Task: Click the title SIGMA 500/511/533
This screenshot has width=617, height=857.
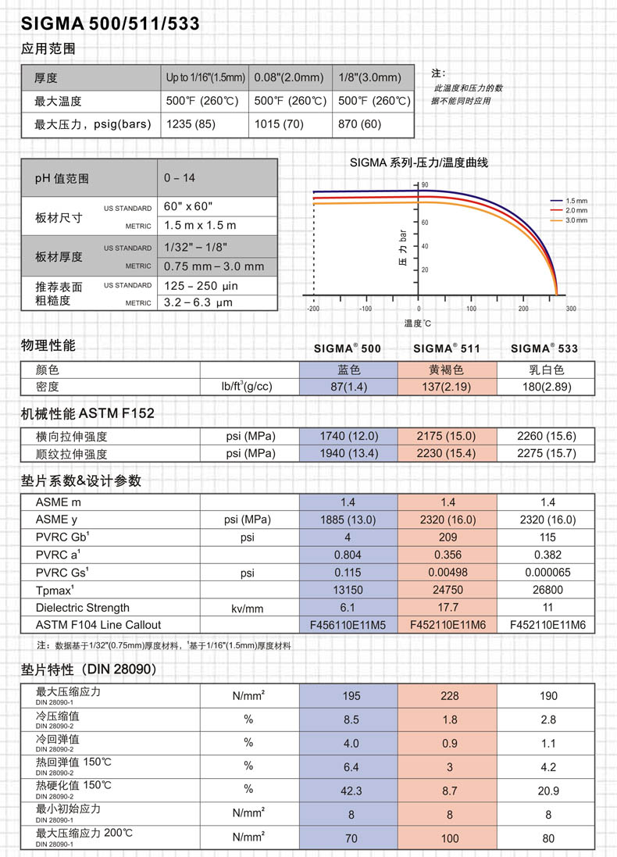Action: (x=110, y=24)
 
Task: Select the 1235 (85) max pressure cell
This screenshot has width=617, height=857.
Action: (x=191, y=124)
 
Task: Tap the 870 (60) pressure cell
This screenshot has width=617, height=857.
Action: (x=360, y=124)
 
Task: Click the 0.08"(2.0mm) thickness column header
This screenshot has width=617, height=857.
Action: (x=289, y=77)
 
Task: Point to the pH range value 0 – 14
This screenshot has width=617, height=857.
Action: (x=180, y=178)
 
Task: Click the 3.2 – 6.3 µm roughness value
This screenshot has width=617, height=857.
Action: (x=198, y=302)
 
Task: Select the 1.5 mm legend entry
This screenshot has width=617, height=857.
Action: (x=576, y=202)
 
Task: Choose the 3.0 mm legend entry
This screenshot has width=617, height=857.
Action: (x=576, y=220)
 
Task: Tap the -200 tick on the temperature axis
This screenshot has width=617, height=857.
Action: (x=314, y=309)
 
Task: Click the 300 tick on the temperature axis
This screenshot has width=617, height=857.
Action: (x=571, y=309)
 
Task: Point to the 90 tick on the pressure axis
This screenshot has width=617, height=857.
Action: (x=426, y=184)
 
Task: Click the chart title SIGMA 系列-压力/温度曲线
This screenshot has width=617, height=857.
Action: (x=419, y=162)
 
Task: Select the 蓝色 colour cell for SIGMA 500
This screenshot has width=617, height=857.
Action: (x=348, y=370)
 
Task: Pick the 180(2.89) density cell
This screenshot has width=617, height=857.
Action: (x=547, y=386)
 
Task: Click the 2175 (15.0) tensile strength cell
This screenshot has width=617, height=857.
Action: (x=448, y=437)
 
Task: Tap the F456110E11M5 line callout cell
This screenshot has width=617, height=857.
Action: (x=348, y=624)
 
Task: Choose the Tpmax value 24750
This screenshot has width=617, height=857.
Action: (x=448, y=590)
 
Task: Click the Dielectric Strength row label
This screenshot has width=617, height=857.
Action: (x=83, y=607)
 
